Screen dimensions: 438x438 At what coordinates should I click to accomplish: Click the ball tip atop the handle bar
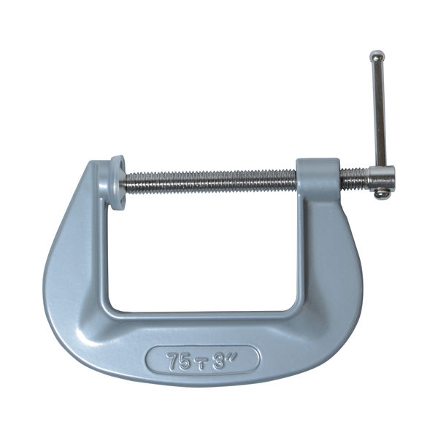click(377, 56)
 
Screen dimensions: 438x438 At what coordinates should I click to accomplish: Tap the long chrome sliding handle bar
click(379, 112)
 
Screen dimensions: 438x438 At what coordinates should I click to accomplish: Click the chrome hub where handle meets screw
click(382, 177)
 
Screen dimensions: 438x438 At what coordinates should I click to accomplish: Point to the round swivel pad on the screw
click(118, 182)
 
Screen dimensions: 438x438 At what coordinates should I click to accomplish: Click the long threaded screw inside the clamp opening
click(211, 182)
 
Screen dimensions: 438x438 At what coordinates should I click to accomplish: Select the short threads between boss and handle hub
click(355, 179)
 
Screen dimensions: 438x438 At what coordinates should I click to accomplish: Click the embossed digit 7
click(173, 361)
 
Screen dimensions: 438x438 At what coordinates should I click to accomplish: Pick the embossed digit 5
click(185, 361)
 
